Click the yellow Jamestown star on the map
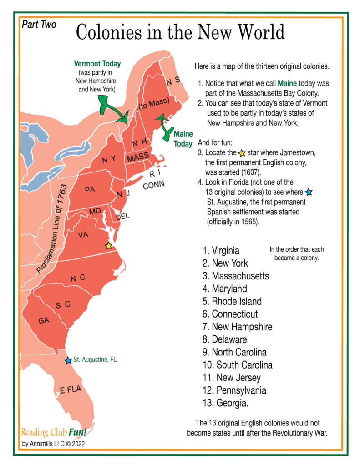108,246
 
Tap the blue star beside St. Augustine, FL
68,360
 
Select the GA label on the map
44,321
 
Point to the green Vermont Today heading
95,64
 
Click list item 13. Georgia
226,403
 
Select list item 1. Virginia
221,250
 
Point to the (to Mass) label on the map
154,104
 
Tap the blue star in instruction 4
309,192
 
